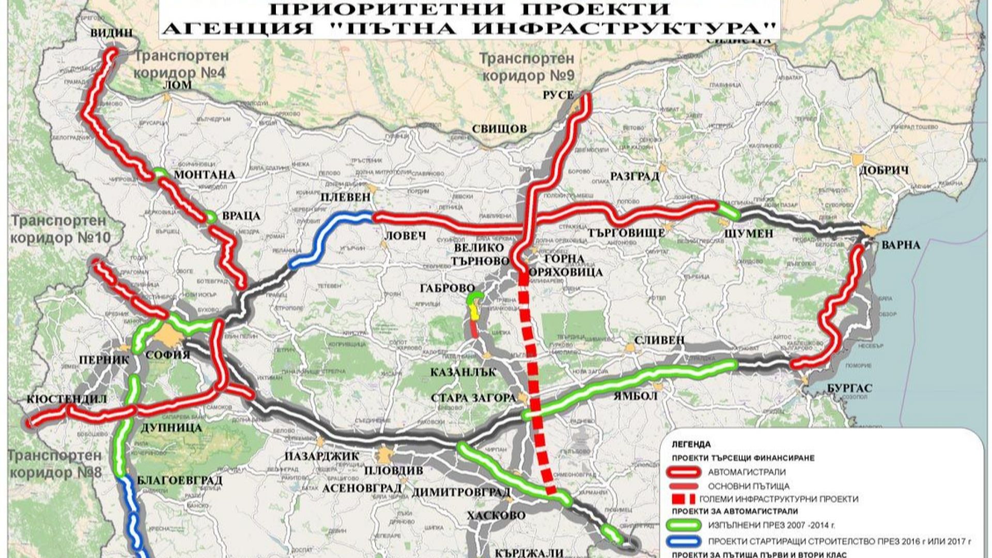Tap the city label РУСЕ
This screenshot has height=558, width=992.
[559, 95]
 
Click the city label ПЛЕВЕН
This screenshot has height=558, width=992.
[346, 197]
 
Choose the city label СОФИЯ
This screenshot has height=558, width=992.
[167, 355]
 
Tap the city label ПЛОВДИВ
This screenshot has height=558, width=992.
[394, 471]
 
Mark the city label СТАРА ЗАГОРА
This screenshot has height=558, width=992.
[474, 398]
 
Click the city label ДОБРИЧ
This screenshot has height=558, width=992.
[884, 171]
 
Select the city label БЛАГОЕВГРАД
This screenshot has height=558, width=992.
[179, 481]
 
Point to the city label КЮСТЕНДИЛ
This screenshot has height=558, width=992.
[67, 399]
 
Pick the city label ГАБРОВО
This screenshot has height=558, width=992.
[447, 288]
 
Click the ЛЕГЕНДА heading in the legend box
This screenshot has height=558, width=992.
[691, 444]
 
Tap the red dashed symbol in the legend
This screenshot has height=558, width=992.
[683, 500]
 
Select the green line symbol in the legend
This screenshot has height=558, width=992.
[683, 526]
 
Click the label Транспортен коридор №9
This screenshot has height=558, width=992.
[528, 67]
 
